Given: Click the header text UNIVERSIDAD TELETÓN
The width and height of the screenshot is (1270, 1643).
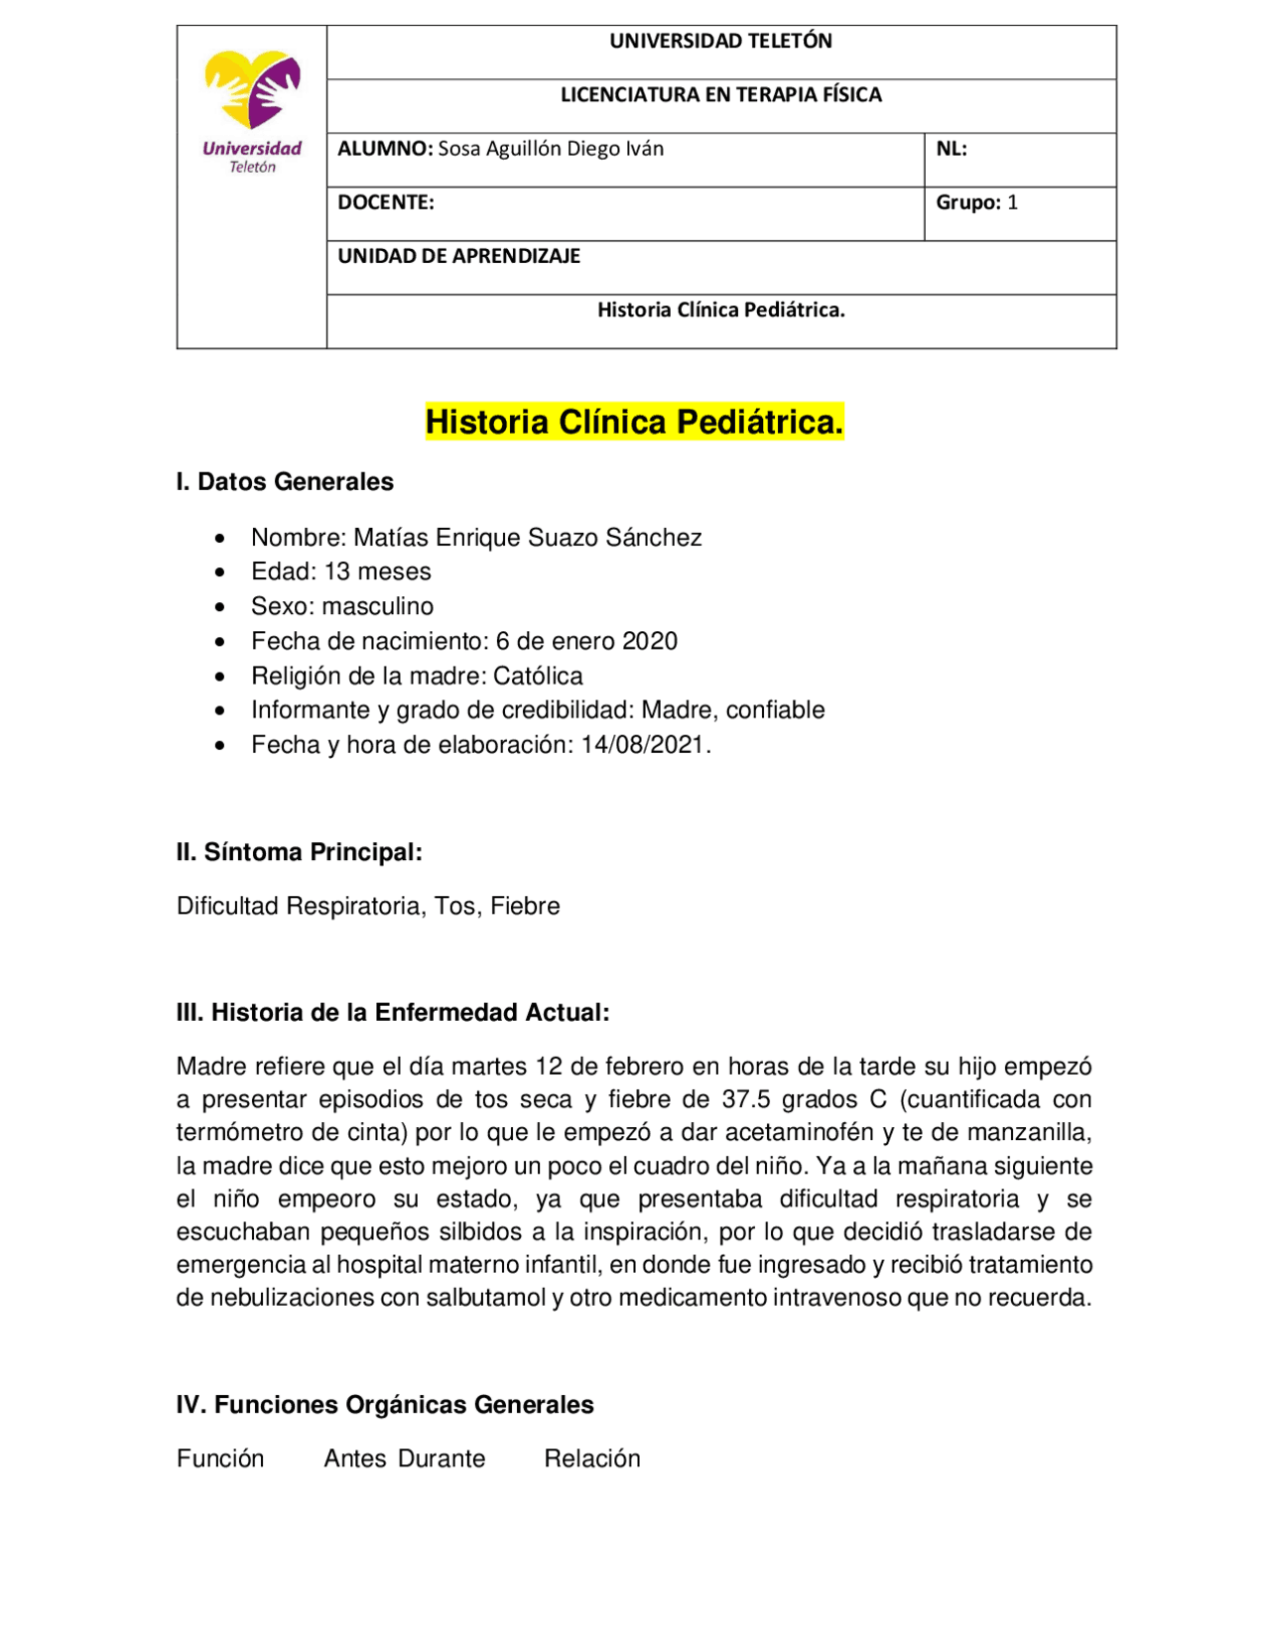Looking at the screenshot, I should point(720,42).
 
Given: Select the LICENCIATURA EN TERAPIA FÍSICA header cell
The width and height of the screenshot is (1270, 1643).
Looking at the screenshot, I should point(720,95).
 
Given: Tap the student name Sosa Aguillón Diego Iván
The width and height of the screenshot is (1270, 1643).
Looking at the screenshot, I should point(551,149).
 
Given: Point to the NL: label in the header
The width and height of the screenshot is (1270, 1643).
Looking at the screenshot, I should point(951,149).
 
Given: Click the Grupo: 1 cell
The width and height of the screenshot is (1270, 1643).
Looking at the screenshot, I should point(976,202).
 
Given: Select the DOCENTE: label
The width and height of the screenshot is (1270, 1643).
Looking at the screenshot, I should point(386,202).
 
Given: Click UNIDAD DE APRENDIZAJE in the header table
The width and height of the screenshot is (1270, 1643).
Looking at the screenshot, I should point(458,256).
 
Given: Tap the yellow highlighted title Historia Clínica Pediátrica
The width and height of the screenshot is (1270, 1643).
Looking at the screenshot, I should point(634,422).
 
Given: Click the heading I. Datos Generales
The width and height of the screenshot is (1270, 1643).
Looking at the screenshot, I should point(285,482).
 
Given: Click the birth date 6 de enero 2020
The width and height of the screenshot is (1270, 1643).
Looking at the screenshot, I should point(586,641).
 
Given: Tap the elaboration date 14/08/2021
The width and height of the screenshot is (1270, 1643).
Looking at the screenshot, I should point(644,745).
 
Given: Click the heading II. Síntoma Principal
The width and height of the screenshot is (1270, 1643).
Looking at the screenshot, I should point(300,852).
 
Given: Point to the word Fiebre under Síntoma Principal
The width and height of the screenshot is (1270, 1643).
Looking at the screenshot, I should point(525,906).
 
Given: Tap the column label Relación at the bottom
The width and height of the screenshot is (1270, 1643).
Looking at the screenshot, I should point(592,1458).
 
